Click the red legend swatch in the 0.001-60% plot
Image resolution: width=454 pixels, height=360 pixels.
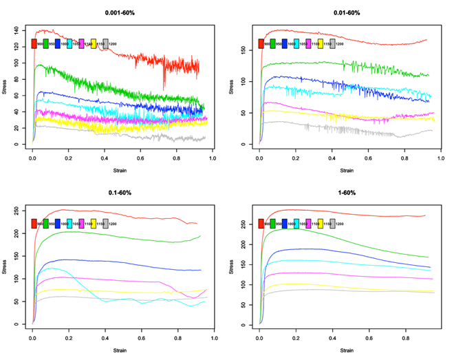(34, 44)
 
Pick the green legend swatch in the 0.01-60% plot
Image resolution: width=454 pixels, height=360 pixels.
(273, 44)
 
